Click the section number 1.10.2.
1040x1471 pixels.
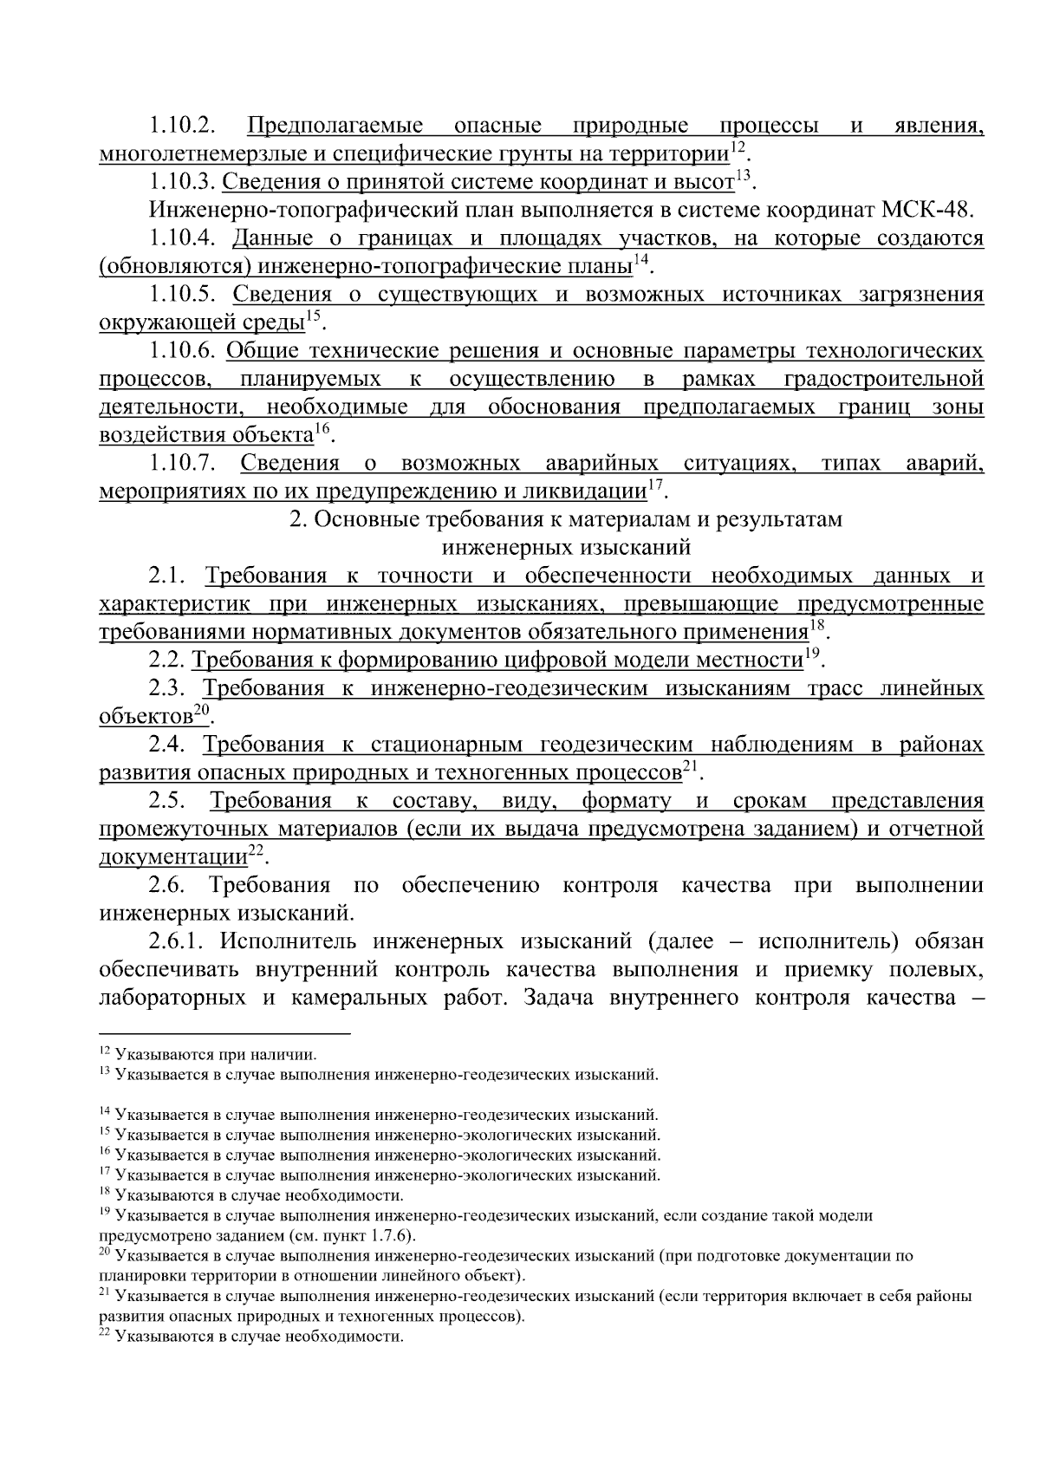180,127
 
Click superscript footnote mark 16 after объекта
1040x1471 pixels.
322,428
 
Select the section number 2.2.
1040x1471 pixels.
166,661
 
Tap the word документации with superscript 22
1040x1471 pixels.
173,858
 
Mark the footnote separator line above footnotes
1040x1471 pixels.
224,1033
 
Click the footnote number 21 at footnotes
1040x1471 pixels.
104,1296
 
